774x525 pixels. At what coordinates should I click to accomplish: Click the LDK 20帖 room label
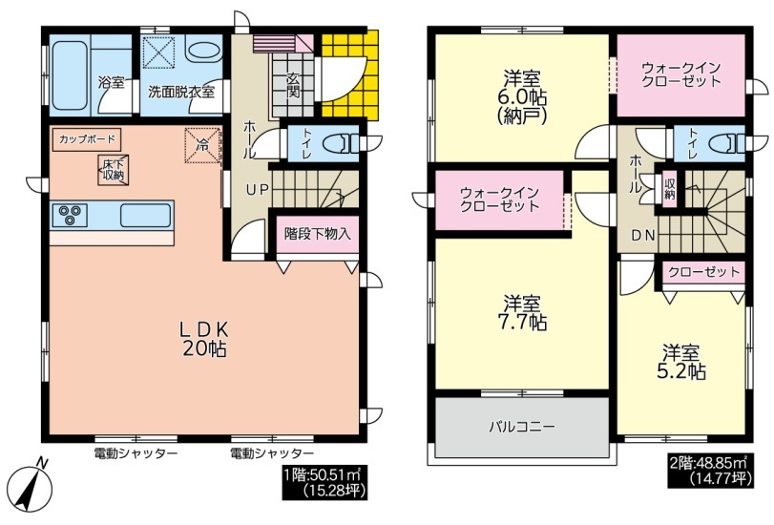[x=204, y=339]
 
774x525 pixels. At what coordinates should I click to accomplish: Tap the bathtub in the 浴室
[x=70, y=74]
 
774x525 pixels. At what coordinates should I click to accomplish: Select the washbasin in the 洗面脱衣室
[x=203, y=51]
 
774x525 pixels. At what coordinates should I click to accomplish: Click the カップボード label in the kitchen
[x=87, y=139]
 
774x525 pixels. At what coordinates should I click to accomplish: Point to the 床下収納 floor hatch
[x=114, y=171]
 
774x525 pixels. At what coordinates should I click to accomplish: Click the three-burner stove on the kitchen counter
[x=69, y=216]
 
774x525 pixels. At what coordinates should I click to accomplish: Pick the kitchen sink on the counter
[x=145, y=216]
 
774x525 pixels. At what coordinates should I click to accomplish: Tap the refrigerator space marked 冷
[x=202, y=145]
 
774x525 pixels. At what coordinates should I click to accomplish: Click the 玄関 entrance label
[x=293, y=85]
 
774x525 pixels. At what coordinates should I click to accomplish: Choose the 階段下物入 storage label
[x=318, y=233]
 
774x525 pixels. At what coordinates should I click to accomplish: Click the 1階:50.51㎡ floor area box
[x=324, y=482]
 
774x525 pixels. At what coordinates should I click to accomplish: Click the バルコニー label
[x=523, y=426]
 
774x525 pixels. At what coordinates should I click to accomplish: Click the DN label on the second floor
[x=643, y=236]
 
